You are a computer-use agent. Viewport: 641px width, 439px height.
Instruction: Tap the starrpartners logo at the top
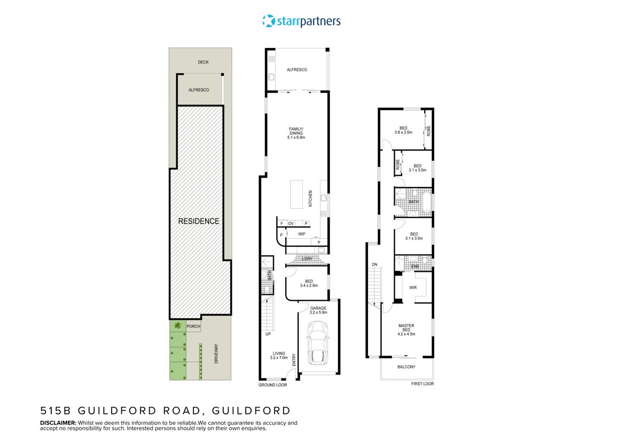tap(301, 21)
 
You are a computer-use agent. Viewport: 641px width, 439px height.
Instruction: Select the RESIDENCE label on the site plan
tap(199, 221)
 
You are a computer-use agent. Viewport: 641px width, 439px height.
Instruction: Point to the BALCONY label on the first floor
tap(407, 367)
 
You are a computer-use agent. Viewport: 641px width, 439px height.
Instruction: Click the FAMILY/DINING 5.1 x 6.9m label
tap(295, 133)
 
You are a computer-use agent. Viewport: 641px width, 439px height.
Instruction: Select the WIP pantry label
tap(301, 233)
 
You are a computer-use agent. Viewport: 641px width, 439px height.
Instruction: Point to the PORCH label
tap(193, 326)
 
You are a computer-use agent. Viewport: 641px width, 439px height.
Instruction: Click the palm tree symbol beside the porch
tap(177, 326)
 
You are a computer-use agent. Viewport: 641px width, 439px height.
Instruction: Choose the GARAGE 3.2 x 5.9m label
tap(319, 310)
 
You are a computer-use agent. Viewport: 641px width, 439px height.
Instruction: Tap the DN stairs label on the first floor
tap(374, 264)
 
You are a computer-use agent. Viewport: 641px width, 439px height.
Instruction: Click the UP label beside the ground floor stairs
tap(268, 334)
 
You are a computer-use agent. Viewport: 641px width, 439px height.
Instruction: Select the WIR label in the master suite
tap(412, 287)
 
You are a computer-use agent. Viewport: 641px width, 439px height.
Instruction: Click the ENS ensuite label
tap(415, 265)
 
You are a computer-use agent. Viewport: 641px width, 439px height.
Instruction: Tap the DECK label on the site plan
tap(203, 62)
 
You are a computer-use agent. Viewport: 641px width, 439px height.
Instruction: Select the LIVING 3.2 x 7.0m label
tap(278, 356)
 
